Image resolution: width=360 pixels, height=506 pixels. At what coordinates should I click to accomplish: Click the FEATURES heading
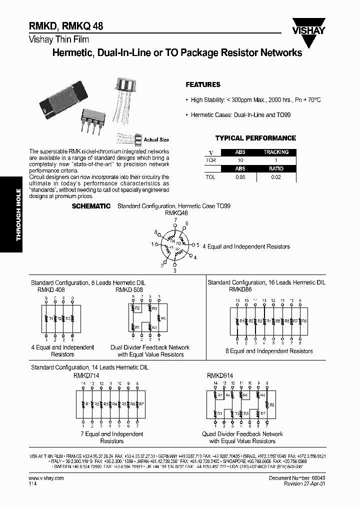pos(203,85)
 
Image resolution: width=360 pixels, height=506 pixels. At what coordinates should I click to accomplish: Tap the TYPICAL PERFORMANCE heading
pos(255,138)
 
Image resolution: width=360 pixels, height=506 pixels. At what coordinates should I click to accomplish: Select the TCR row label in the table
pos(210,160)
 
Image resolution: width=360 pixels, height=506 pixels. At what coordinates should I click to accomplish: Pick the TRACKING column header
pos(276,152)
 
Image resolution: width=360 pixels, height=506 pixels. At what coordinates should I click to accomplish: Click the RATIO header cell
pos(276,169)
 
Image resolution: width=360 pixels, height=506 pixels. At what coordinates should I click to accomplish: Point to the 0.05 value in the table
pos(240,177)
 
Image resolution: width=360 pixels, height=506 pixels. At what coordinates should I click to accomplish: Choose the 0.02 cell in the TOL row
pos(276,177)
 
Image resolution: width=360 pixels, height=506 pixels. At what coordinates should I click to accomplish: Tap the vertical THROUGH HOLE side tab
pos(18,214)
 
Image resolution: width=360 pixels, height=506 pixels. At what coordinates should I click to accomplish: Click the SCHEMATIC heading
pos(91,206)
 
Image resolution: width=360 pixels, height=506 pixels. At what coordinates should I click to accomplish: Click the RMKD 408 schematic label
pos(51,289)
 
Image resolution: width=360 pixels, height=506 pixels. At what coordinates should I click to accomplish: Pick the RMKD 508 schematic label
pos(129,289)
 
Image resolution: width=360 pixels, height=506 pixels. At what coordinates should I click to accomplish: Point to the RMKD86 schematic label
pos(240,289)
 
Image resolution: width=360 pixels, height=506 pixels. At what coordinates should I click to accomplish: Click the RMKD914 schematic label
pos(220,374)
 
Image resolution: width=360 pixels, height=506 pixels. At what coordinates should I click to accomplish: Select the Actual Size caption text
pos(156,139)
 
